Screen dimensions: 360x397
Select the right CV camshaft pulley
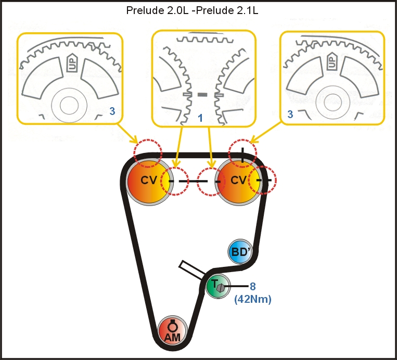[x=238, y=181]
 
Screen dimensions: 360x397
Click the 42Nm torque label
[x=253, y=299]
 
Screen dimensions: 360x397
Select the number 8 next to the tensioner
[x=253, y=285]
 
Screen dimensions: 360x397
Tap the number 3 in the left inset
[x=112, y=110]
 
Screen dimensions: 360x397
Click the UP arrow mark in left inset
[x=72, y=64]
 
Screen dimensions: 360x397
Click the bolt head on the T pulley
[x=221, y=287]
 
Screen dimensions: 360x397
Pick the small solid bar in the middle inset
[x=202, y=95]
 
